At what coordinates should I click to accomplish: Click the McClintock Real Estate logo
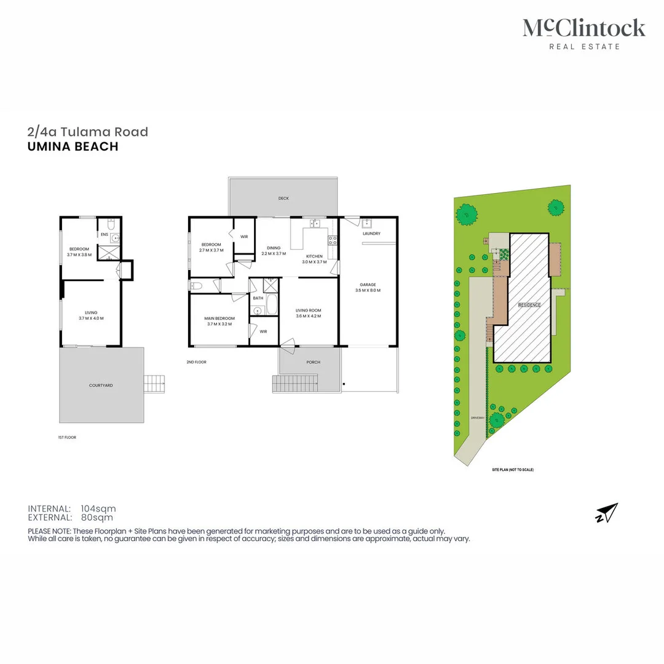(x=583, y=33)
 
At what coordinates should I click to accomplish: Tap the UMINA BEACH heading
(x=73, y=146)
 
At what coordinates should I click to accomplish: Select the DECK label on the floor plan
(x=283, y=198)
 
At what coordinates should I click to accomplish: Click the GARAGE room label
(x=368, y=285)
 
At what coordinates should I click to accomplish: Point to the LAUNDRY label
(x=371, y=234)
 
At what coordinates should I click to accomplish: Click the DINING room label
(x=274, y=247)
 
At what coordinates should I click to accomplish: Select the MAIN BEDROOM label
(x=219, y=318)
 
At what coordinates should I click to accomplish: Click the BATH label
(x=258, y=298)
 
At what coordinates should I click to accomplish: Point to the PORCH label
(x=313, y=362)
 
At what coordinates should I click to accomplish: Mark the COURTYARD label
(x=101, y=385)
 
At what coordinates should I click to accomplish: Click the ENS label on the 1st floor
(x=105, y=234)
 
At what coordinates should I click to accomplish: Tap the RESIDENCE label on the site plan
(x=529, y=305)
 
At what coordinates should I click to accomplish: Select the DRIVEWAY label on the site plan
(x=478, y=417)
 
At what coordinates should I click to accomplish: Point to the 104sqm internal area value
(x=98, y=508)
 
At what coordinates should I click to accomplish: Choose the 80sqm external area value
(x=95, y=517)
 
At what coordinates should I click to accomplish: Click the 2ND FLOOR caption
(x=197, y=362)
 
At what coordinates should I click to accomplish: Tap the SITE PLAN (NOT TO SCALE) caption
(x=512, y=470)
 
